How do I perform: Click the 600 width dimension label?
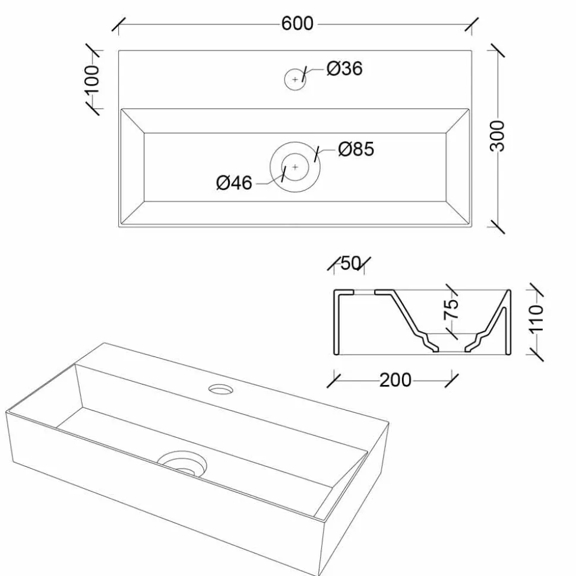(x=297, y=24)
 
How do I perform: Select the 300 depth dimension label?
(x=498, y=136)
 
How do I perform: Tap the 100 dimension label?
(x=91, y=79)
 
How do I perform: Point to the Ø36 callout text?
(x=344, y=68)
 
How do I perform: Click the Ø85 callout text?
(x=356, y=149)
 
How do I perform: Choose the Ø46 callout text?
(x=234, y=183)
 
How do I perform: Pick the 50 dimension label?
(x=350, y=263)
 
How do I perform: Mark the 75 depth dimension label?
(x=451, y=309)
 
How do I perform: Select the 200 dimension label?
(x=395, y=380)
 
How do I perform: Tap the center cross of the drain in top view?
(x=295, y=167)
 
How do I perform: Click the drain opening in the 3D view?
(x=182, y=464)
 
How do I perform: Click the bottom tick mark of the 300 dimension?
(x=498, y=227)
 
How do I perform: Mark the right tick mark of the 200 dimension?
(x=452, y=381)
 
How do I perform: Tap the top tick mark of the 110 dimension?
(x=536, y=289)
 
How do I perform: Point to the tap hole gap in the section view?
(x=364, y=292)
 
